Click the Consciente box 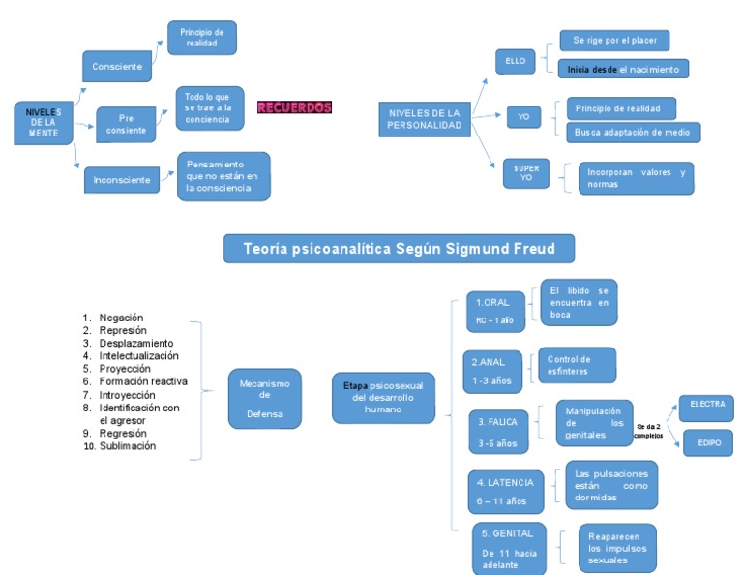(117, 66)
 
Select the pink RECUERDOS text (294, 107)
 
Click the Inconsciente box (122, 180)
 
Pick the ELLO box (515, 61)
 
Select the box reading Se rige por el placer (614, 41)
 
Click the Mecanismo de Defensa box (264, 398)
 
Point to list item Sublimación (128, 446)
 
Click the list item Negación (121, 317)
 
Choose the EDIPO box (706, 442)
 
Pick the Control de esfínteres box (575, 365)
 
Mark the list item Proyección (124, 368)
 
